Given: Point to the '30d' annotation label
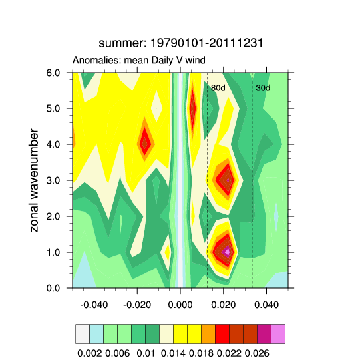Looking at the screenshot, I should click(263, 88).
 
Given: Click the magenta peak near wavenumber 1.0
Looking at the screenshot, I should click(228, 252).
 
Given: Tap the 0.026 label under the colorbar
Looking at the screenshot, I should click(257, 351).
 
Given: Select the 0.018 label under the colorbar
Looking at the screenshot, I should click(201, 351).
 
